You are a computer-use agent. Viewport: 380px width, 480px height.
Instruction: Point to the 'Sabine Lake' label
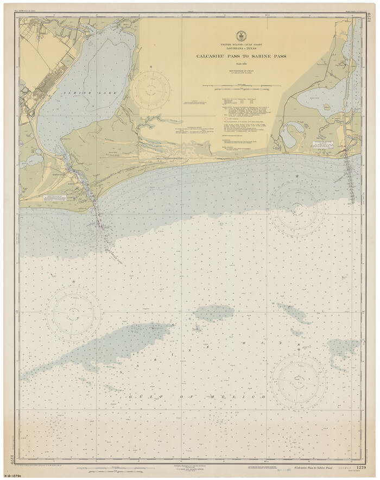[78, 93]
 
